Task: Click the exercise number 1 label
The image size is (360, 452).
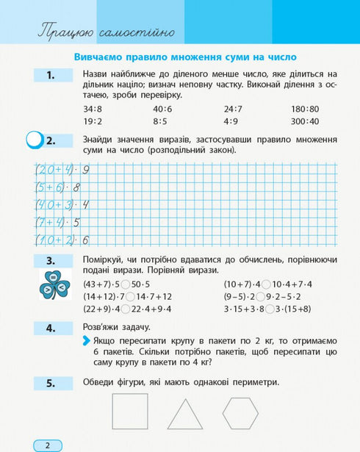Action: (x=51, y=75)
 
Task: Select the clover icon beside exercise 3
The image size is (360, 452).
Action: (x=54, y=285)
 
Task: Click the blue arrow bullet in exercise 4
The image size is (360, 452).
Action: (x=87, y=341)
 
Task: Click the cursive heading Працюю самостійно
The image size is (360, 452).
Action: (x=106, y=32)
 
